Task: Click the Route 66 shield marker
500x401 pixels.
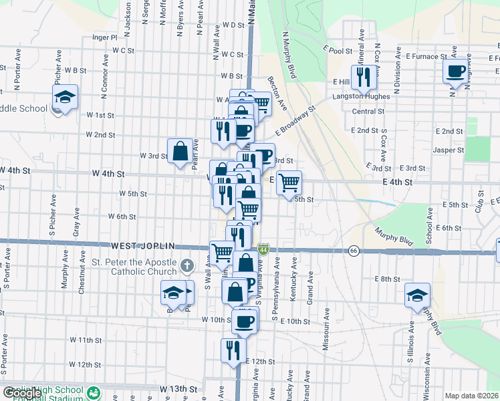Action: (352, 251)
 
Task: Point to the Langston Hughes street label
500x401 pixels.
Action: (361, 98)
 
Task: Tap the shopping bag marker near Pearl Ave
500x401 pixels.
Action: (180, 152)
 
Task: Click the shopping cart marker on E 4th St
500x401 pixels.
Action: (289, 182)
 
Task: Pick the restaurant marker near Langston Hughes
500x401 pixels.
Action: (364, 76)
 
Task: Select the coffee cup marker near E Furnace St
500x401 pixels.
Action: (456, 71)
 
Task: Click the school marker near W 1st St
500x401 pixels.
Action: (66, 97)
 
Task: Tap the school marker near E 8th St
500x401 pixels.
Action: (418, 295)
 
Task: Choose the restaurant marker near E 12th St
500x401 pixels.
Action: (233, 350)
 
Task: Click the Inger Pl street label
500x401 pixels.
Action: (105, 37)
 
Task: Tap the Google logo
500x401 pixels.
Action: (23, 393)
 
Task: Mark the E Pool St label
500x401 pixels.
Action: (337, 49)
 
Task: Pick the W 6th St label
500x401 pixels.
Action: (122, 217)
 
